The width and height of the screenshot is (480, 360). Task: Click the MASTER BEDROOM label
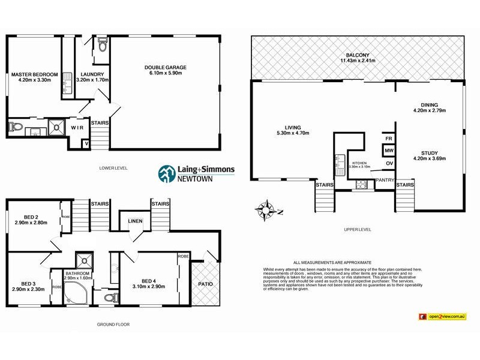pos(34,74)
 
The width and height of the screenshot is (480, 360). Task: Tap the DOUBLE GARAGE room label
pos(164,67)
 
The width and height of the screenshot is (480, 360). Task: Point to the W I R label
pos(77,128)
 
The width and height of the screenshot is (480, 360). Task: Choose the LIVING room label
pos(293,127)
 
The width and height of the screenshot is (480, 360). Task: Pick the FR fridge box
pos(389,139)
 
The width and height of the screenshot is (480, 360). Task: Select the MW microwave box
pos(389,151)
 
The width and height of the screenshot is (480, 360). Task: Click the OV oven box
pos(389,163)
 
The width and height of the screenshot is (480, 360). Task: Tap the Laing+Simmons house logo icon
pos(165,173)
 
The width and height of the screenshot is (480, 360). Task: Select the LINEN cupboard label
pos(135,222)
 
